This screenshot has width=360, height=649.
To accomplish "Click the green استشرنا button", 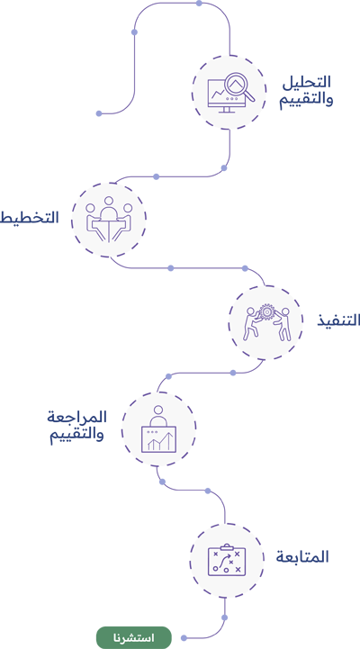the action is [134, 637].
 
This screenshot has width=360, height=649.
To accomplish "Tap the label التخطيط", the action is [29, 217].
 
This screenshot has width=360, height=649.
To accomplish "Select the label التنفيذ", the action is [339, 320].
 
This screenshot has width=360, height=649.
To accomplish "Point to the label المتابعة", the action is [302, 557].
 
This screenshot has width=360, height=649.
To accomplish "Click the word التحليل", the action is [307, 82].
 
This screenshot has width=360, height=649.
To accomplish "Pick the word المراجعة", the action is [76, 417].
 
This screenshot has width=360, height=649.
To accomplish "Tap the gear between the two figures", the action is [266, 311].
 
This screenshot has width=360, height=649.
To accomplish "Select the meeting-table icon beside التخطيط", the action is [109, 220].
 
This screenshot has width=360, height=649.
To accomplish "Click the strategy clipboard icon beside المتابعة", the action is [226, 561].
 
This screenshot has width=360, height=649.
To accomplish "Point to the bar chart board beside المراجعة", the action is [159, 439].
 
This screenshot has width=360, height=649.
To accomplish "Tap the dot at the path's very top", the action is [199, 4].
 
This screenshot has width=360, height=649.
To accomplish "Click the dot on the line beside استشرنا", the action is [184, 638].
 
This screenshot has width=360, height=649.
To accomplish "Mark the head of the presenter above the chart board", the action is [158, 410].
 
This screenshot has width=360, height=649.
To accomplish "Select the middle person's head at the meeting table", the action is [109, 202].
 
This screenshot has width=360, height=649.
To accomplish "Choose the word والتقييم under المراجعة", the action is [77, 436].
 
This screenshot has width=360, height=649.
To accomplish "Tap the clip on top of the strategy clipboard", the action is [226, 547].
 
